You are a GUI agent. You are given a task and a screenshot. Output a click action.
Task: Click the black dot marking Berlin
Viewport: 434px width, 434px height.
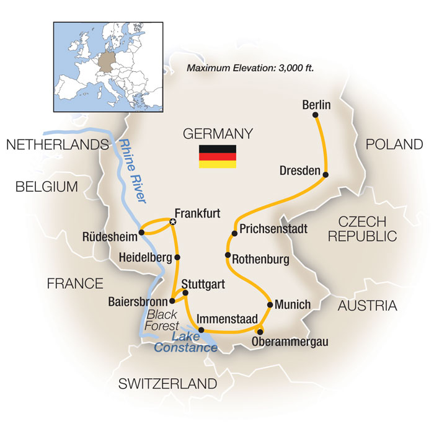(x=316, y=115)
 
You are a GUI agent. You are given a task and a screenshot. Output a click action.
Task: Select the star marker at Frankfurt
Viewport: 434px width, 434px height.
(x=173, y=221)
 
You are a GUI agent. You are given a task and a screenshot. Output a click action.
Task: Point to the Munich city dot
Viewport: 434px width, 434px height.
(x=270, y=304)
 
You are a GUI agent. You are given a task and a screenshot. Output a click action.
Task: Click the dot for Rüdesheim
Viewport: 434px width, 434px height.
(x=142, y=232)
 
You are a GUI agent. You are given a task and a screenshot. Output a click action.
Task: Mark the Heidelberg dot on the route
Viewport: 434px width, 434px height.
(x=177, y=257)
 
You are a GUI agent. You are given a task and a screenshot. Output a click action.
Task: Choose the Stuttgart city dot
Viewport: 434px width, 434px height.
(x=185, y=292)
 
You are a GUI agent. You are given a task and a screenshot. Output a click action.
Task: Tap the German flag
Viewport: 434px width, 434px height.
(x=217, y=157)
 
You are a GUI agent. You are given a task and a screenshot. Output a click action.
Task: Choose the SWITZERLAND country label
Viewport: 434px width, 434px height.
(x=168, y=384)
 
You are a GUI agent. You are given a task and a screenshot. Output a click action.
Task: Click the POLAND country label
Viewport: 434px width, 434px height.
(x=394, y=144)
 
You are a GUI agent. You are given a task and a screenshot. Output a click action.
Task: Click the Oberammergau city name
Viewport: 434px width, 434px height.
(x=291, y=342)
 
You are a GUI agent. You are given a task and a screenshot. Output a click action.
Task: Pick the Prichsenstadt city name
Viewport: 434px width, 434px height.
(x=273, y=228)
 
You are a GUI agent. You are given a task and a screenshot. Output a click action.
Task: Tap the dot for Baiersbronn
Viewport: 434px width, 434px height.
(x=172, y=301)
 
